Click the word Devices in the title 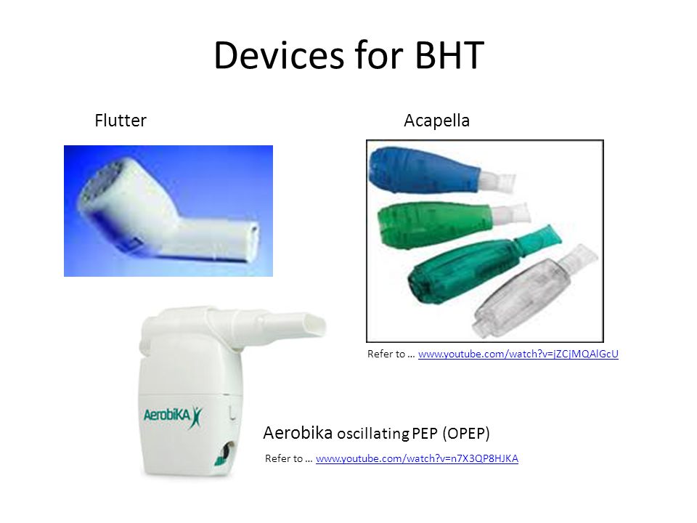[x=280, y=55]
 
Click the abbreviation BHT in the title [x=449, y=55]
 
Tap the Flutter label [x=121, y=121]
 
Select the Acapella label [x=436, y=121]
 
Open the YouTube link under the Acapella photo [x=518, y=354]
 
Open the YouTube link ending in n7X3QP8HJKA [x=417, y=458]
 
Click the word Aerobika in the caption [x=298, y=433]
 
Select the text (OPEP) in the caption [x=466, y=433]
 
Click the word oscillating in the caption [x=373, y=434]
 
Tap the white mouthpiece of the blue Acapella [x=497, y=182]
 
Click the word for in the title [x=379, y=55]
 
